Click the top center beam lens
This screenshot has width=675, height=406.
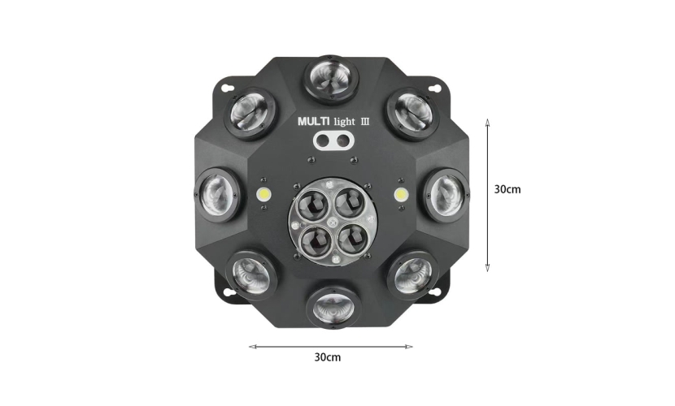[332, 80]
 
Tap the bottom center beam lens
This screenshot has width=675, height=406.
[334, 306]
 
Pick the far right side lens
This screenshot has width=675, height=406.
[446, 195]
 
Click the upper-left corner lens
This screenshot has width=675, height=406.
[250, 114]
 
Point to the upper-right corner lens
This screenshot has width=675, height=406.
[412, 114]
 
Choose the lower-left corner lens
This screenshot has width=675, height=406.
[252, 274]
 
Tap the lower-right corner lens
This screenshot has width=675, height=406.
[412, 274]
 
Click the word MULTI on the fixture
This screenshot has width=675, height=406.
[314, 122]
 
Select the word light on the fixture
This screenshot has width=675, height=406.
[345, 122]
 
